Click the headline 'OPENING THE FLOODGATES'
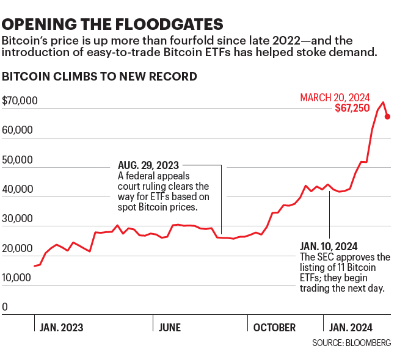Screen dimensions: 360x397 click(x=112, y=24)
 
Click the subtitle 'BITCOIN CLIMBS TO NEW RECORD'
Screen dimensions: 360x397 click(x=100, y=77)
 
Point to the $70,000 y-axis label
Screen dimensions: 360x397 click(x=20, y=101)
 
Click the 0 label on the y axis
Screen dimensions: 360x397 click(x=5, y=307)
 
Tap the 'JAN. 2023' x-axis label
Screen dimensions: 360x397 click(x=61, y=328)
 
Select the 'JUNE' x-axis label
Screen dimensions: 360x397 click(x=169, y=328)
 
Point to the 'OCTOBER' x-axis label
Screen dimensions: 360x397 click(x=274, y=328)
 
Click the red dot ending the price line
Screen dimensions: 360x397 click(x=388, y=117)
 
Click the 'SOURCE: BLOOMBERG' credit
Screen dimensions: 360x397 click(x=351, y=343)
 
